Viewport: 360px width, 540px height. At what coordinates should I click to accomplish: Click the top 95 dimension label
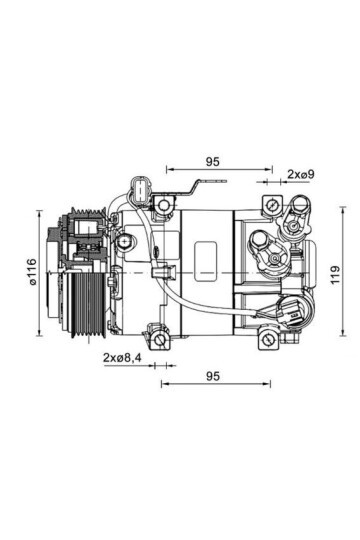(x=212, y=162)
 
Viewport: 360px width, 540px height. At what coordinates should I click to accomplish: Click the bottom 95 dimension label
(x=213, y=376)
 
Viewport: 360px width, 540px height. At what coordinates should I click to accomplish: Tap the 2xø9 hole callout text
(x=301, y=174)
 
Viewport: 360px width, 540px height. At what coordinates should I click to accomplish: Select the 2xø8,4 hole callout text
(x=122, y=357)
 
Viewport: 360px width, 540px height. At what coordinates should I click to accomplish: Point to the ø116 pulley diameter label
(x=32, y=271)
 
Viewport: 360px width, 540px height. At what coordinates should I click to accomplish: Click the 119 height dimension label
(x=335, y=274)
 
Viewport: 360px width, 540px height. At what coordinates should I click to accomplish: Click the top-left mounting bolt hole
(x=163, y=206)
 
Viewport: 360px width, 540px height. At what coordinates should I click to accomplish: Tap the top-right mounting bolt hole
(x=272, y=205)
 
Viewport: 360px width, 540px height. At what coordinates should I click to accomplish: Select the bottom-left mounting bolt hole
(x=160, y=341)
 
